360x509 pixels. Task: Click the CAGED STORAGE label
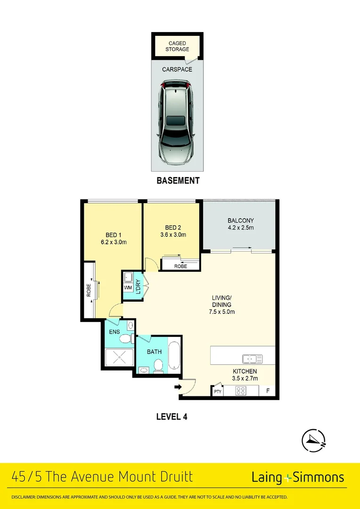coord(177,46)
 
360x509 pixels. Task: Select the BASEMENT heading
coord(178,181)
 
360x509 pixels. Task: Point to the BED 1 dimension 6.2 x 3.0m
coord(114,242)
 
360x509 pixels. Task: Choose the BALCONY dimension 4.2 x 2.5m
coord(240,228)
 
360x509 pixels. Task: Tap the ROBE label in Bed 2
coord(180,266)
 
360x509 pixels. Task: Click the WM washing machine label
coord(128,287)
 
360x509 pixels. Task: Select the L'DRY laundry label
coord(138,287)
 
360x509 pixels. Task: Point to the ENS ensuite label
coord(115,331)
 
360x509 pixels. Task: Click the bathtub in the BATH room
coord(174,353)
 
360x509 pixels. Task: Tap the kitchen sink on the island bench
coord(252,359)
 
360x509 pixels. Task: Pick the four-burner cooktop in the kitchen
coord(241,391)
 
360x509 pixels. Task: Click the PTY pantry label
coord(217,391)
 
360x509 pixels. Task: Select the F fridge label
coord(268,391)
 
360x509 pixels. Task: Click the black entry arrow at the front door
coord(178,387)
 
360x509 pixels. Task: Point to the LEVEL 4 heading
coord(172,417)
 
